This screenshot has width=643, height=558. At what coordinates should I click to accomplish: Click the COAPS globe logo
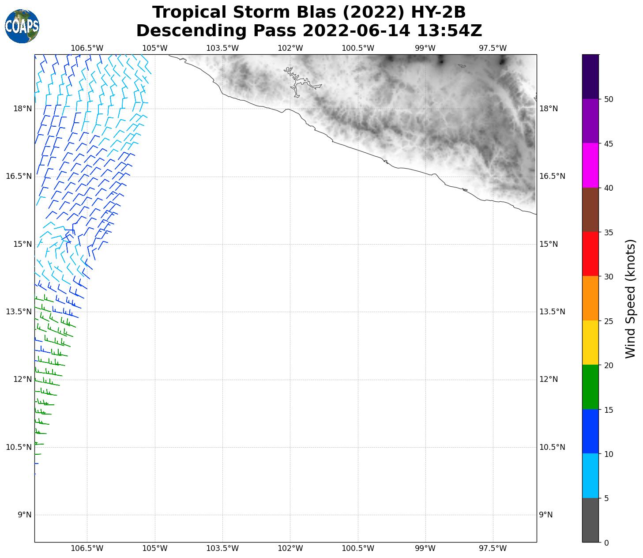point(22,26)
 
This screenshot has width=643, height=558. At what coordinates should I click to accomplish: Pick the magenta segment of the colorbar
point(590,166)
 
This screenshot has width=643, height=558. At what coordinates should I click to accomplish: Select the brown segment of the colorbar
point(590,210)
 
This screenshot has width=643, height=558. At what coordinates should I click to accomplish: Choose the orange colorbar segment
point(590,298)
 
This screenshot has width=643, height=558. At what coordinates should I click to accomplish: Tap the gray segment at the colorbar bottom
point(590,520)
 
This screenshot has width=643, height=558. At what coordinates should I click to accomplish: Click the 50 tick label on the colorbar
point(609,99)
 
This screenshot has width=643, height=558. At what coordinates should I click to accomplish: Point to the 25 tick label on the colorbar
point(609,321)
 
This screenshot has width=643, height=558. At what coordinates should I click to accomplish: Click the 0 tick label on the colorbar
point(606,543)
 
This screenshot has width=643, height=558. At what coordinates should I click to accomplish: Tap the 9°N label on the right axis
point(546,515)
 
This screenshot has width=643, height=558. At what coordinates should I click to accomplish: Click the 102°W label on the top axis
point(290,48)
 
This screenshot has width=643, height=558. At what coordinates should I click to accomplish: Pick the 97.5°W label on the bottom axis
point(493,549)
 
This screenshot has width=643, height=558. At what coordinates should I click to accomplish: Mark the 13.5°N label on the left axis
point(19,312)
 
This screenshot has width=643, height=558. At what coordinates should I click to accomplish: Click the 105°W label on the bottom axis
point(155,549)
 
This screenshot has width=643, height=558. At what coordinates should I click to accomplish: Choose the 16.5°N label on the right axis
point(552,177)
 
